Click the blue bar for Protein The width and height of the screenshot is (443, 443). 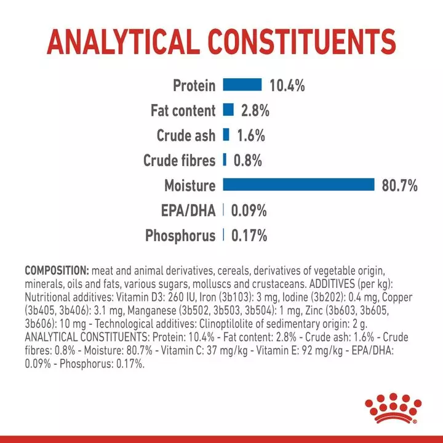pos(242,86)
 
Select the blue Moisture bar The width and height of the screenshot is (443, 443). pos(299,185)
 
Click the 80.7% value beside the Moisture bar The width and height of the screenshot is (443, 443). pos(400,186)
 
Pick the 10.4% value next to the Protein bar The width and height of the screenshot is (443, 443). pos(287,86)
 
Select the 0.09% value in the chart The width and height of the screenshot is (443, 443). pos(249,211)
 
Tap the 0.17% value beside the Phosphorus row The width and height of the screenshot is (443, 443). pos(249,236)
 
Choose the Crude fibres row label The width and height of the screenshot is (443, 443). pos(180,161)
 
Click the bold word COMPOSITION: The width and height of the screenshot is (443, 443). pos(57,271)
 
